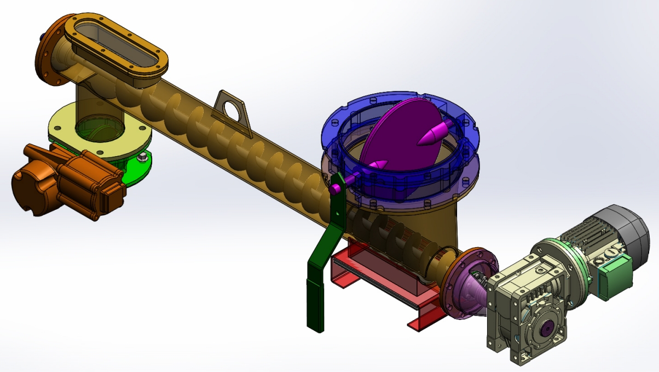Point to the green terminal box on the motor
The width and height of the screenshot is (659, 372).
(615, 277)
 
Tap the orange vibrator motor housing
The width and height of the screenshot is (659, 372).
(66, 178)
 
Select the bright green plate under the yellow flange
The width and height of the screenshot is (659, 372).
(137, 170)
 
